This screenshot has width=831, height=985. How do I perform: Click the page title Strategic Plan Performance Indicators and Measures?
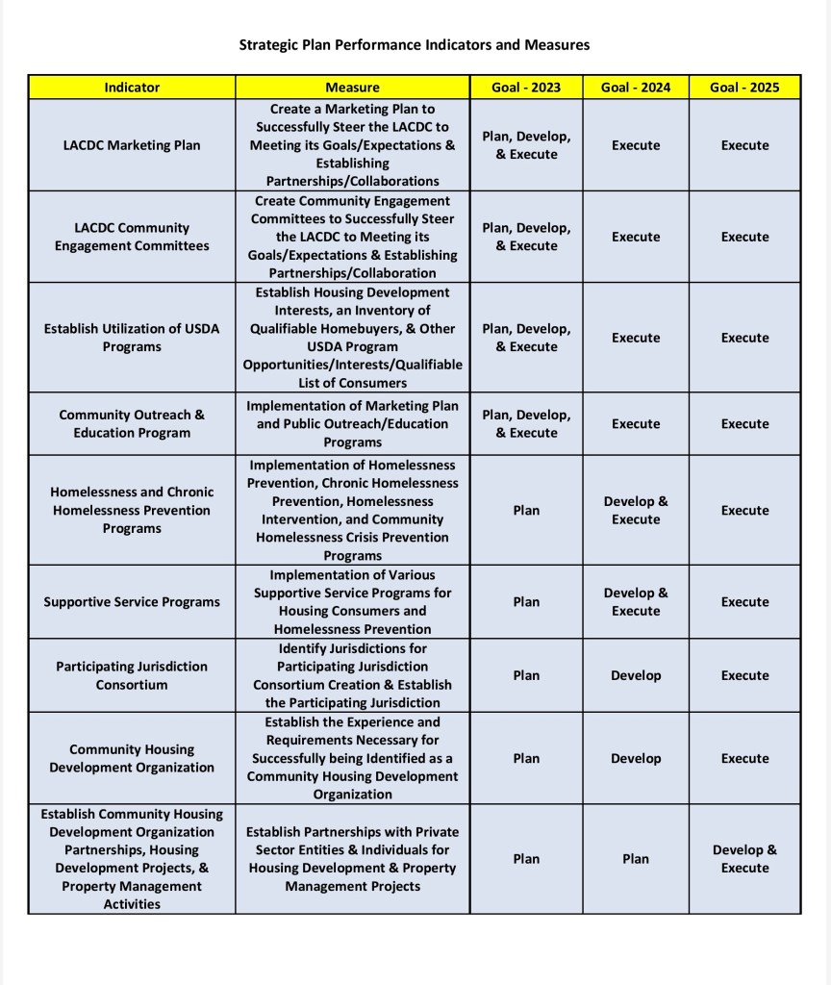(x=414, y=44)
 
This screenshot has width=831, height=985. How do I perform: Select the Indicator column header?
(x=132, y=88)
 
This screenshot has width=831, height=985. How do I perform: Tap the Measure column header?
(x=352, y=88)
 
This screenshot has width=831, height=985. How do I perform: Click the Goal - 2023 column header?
(x=526, y=88)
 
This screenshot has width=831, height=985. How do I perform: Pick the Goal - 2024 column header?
(x=636, y=88)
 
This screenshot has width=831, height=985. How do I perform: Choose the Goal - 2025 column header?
(x=744, y=88)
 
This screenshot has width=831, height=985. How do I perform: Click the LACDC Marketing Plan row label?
(x=132, y=145)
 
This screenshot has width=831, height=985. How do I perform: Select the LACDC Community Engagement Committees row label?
(x=132, y=237)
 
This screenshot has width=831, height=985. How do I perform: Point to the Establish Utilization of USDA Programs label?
(x=132, y=338)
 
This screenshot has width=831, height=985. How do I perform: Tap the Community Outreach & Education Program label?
(x=132, y=424)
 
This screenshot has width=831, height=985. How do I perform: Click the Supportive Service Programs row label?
(x=132, y=602)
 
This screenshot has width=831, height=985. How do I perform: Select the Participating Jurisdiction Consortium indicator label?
(x=132, y=675)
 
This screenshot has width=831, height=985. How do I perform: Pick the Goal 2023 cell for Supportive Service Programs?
(x=526, y=602)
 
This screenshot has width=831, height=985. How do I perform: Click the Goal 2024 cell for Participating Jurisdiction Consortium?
(x=636, y=675)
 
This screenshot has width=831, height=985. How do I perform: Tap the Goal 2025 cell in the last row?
(x=744, y=859)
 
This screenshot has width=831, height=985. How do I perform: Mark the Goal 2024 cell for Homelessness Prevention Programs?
(x=636, y=511)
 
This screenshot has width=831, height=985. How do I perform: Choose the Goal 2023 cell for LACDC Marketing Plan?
(x=526, y=145)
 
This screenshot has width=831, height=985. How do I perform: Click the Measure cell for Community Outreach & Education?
(x=352, y=424)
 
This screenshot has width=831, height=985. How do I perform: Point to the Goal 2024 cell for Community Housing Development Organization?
(x=636, y=758)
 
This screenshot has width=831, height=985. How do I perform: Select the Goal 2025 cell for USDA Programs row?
(x=744, y=338)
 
